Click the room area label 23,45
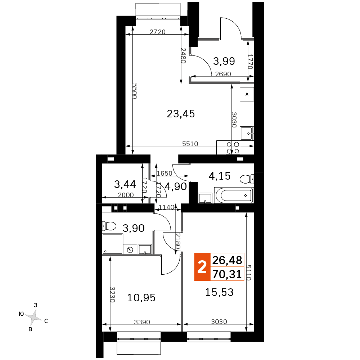181,114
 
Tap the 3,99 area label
224,61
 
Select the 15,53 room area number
219,292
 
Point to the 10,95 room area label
141,298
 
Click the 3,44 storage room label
125,184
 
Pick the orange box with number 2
202,267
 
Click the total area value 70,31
227,274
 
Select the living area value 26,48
227,260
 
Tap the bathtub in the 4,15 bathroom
234,195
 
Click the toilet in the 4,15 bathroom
247,179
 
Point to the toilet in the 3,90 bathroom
109,226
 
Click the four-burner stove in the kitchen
233,148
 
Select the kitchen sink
247,134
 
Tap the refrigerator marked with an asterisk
247,94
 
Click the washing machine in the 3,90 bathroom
130,249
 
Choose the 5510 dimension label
190,144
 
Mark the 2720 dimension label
158,32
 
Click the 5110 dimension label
249,273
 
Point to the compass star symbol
34,318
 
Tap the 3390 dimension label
142,322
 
